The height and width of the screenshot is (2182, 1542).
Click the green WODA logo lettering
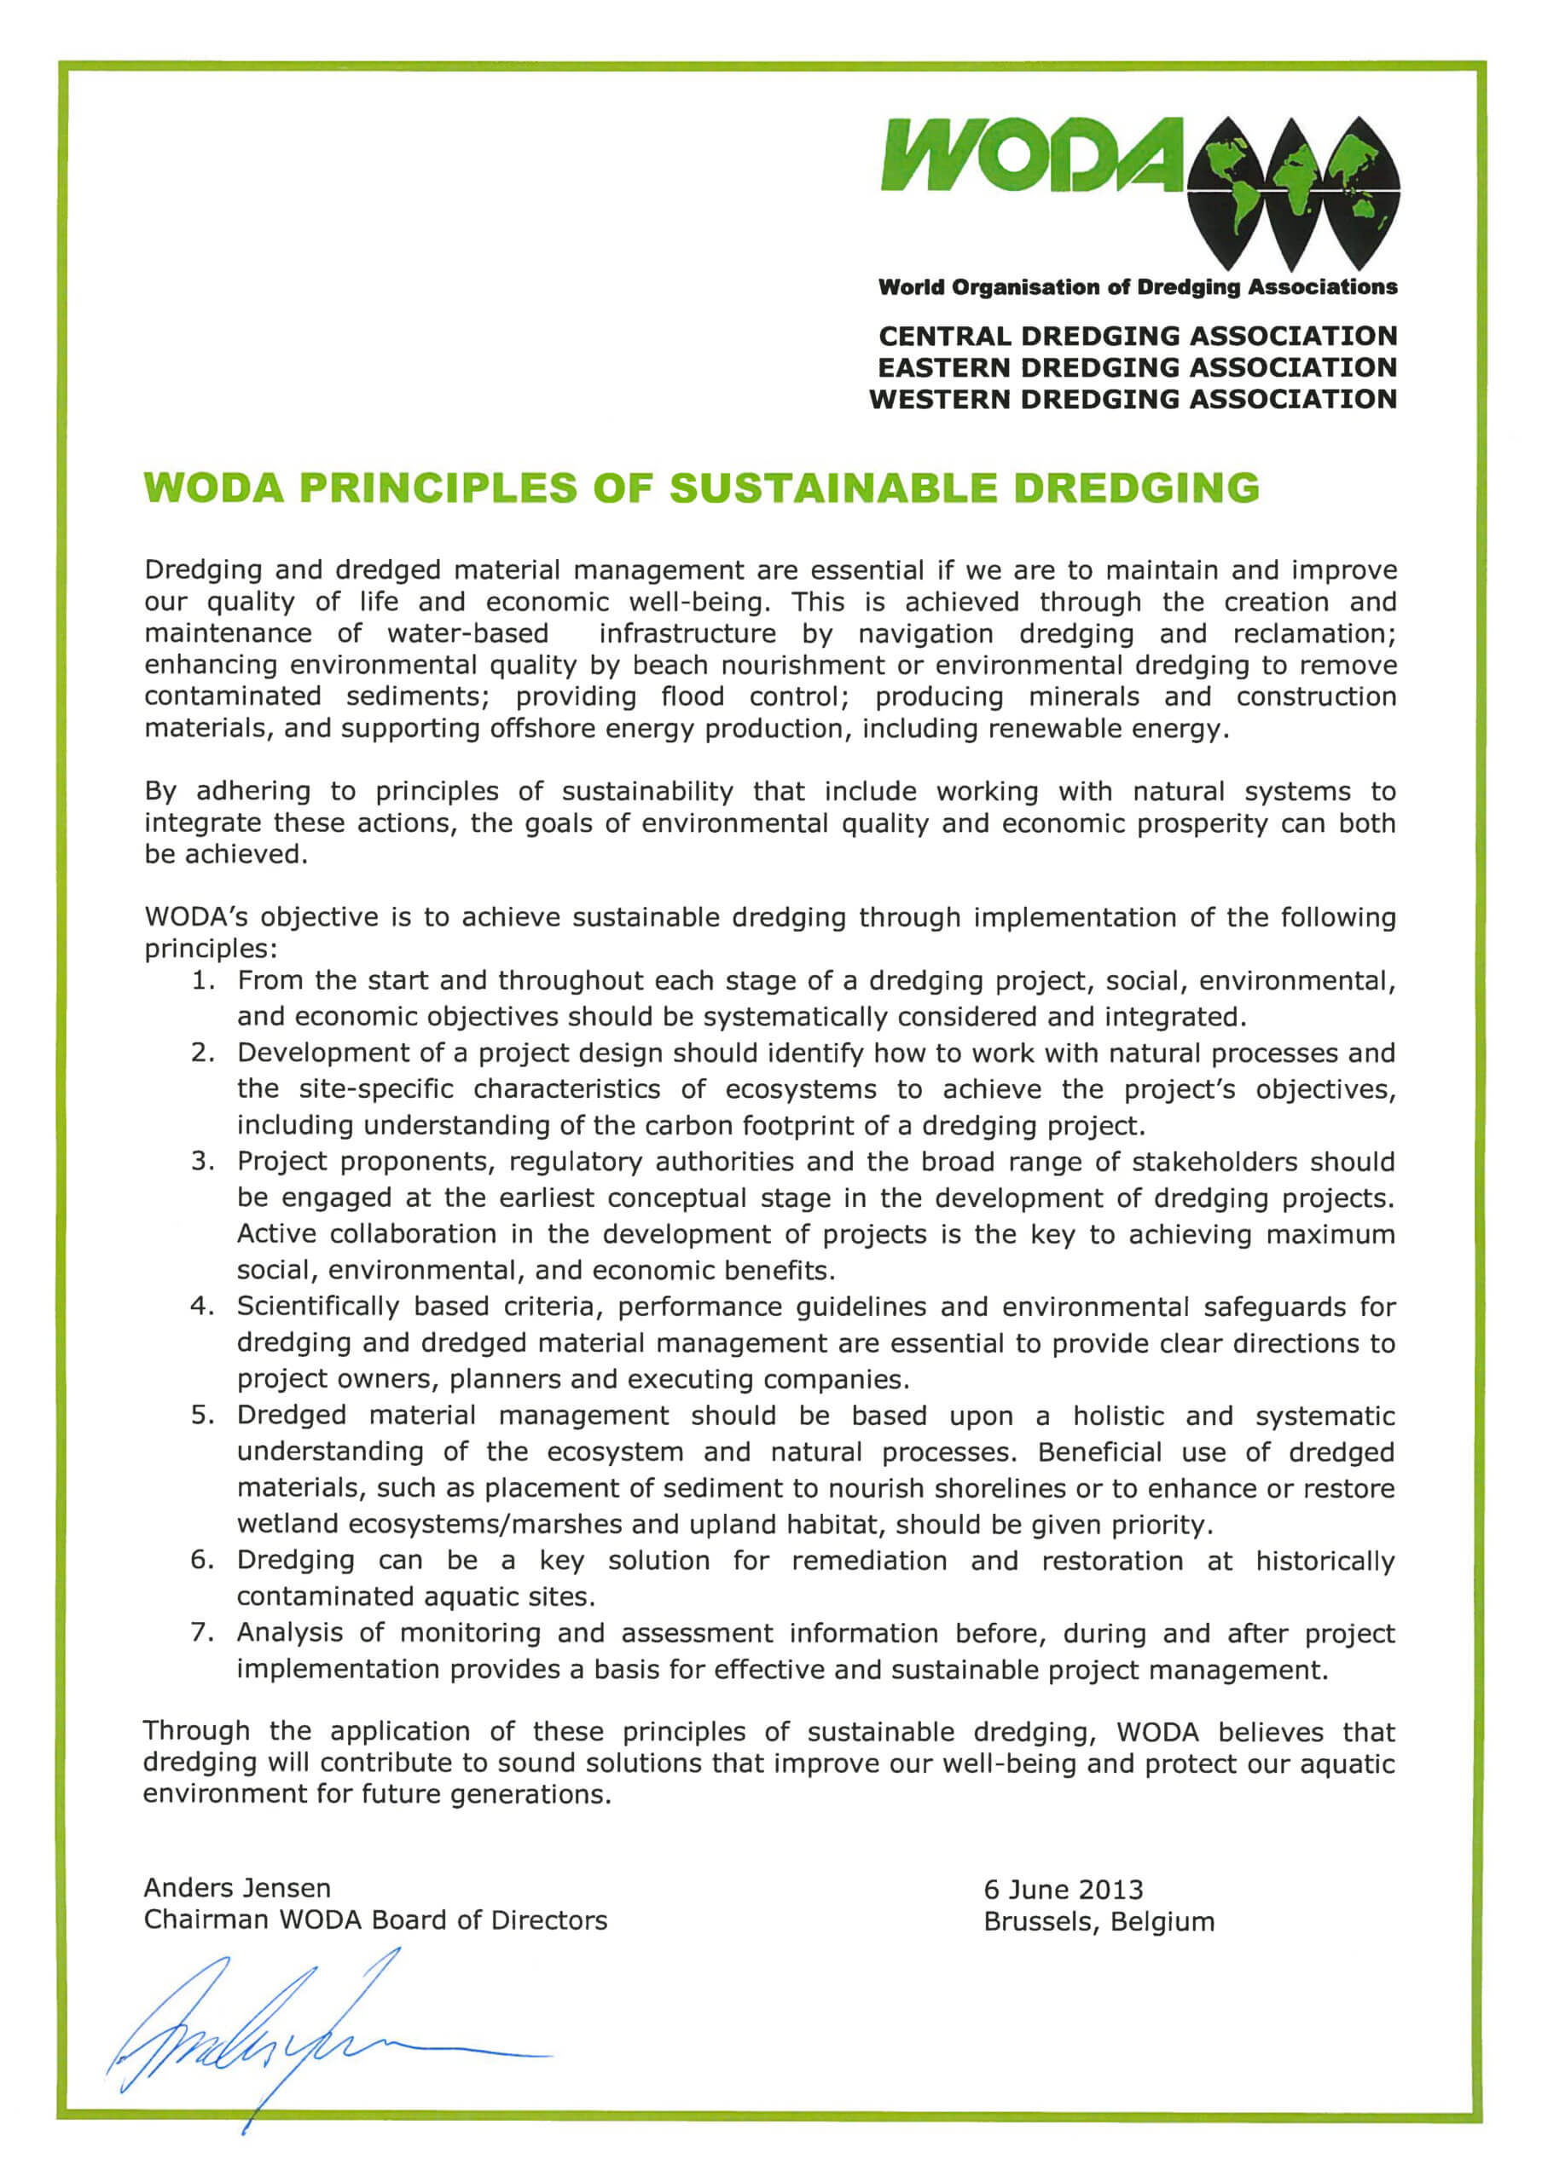click(x=1031, y=154)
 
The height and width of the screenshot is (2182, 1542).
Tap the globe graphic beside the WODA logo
click(x=1293, y=190)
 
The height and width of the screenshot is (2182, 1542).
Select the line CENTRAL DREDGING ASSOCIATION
click(x=1137, y=337)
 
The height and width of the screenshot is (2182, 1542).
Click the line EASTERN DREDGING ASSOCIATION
click(x=1137, y=367)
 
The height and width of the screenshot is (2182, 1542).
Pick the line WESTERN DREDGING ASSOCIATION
click(x=1133, y=399)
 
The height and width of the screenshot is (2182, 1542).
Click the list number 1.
click(x=201, y=981)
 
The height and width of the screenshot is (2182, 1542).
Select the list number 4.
click(x=201, y=1307)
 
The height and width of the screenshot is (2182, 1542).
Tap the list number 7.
click(x=201, y=1633)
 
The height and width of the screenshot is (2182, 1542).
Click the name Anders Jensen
click(x=238, y=1887)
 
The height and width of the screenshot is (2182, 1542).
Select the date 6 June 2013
click(x=1063, y=1890)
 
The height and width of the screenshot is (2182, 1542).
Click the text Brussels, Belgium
click(x=1099, y=1921)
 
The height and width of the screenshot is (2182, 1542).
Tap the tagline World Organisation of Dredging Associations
click(x=1137, y=287)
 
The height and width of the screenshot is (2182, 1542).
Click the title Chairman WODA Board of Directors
click(x=375, y=1919)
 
